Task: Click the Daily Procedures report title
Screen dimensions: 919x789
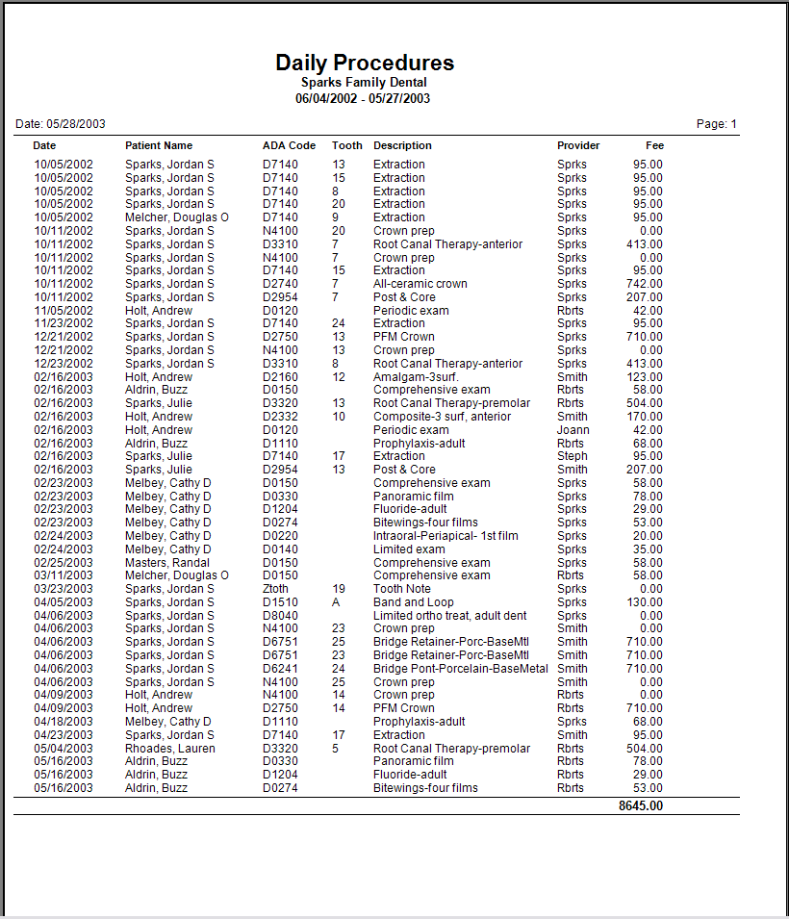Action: [x=365, y=64]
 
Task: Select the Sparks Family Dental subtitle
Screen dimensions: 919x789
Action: [x=364, y=83]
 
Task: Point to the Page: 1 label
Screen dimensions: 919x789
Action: [x=717, y=124]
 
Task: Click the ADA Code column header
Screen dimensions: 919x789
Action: [x=289, y=146]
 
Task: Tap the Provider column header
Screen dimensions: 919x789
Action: [x=578, y=146]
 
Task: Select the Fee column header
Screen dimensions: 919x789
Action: [x=654, y=146]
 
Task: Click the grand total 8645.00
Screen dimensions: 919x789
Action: [x=640, y=805]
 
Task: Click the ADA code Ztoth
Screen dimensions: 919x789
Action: [x=275, y=589]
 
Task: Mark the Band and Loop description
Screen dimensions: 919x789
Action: [x=414, y=602]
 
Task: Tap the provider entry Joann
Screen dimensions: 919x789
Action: [x=573, y=430]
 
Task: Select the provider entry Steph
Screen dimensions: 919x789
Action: [x=572, y=456]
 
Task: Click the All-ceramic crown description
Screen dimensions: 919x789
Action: [x=421, y=284]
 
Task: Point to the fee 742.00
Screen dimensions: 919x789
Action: [x=644, y=284]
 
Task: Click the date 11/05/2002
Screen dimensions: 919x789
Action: [x=64, y=311]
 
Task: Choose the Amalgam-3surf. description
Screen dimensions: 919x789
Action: [x=416, y=377]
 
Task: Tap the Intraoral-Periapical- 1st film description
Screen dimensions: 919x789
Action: [x=445, y=536]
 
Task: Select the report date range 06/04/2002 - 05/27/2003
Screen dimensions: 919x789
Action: [x=363, y=99]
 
